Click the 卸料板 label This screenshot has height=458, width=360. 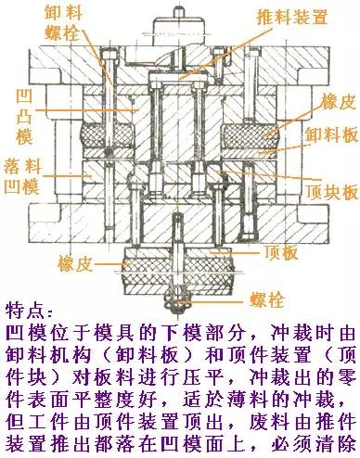pyautogui.click(x=330, y=134)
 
